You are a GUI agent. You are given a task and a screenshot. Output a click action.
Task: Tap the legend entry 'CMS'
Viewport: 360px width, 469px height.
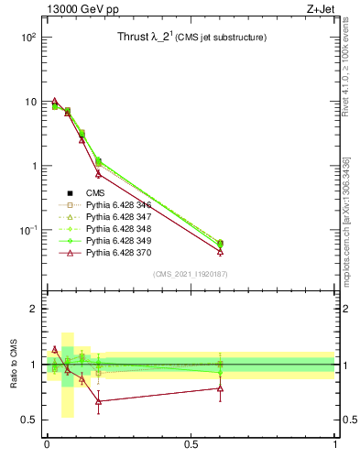[x=95, y=193]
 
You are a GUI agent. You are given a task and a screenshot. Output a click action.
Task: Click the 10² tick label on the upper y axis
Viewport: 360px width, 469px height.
[x=27, y=38]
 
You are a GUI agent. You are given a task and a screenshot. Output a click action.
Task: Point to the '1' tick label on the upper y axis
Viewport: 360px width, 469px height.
[x=32, y=166]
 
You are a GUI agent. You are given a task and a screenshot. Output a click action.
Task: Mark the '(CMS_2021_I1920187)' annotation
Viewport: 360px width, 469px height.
[x=190, y=274]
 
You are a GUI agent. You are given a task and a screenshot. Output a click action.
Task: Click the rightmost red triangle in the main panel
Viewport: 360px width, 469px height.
[x=220, y=251]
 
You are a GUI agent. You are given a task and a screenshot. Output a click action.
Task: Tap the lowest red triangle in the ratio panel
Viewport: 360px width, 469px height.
[x=98, y=401]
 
